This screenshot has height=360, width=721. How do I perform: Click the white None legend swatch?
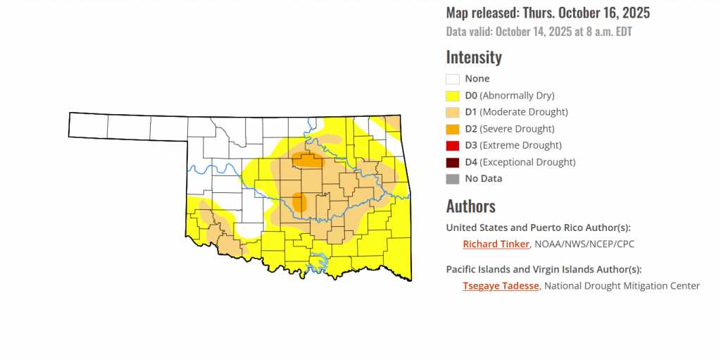pyautogui.click(x=453, y=79)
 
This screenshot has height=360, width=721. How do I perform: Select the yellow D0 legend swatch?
pyautogui.click(x=453, y=96)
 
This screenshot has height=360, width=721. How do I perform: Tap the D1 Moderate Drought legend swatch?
pyautogui.click(x=453, y=112)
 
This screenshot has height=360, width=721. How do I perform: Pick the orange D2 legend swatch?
pyautogui.click(x=453, y=129)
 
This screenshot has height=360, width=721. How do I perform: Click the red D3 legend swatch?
pyautogui.click(x=453, y=145)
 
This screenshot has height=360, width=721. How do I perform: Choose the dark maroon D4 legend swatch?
pyautogui.click(x=453, y=162)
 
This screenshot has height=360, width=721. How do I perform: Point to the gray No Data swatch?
pyautogui.click(x=453, y=179)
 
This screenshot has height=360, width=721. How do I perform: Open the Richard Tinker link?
pyautogui.click(x=496, y=244)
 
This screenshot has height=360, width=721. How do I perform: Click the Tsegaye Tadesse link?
pyautogui.click(x=501, y=285)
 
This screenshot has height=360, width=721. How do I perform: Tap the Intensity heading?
pyautogui.click(x=474, y=57)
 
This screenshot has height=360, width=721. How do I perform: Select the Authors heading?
pyautogui.click(x=470, y=206)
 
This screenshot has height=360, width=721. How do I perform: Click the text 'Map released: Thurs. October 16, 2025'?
pyautogui.click(x=548, y=13)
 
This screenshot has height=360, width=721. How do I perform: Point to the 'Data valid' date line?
pyautogui.click(x=544, y=32)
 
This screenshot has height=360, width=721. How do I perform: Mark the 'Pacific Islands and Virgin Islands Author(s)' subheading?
pyautogui.click(x=544, y=269)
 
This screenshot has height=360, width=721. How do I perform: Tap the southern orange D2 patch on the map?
pyautogui.click(x=300, y=203)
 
